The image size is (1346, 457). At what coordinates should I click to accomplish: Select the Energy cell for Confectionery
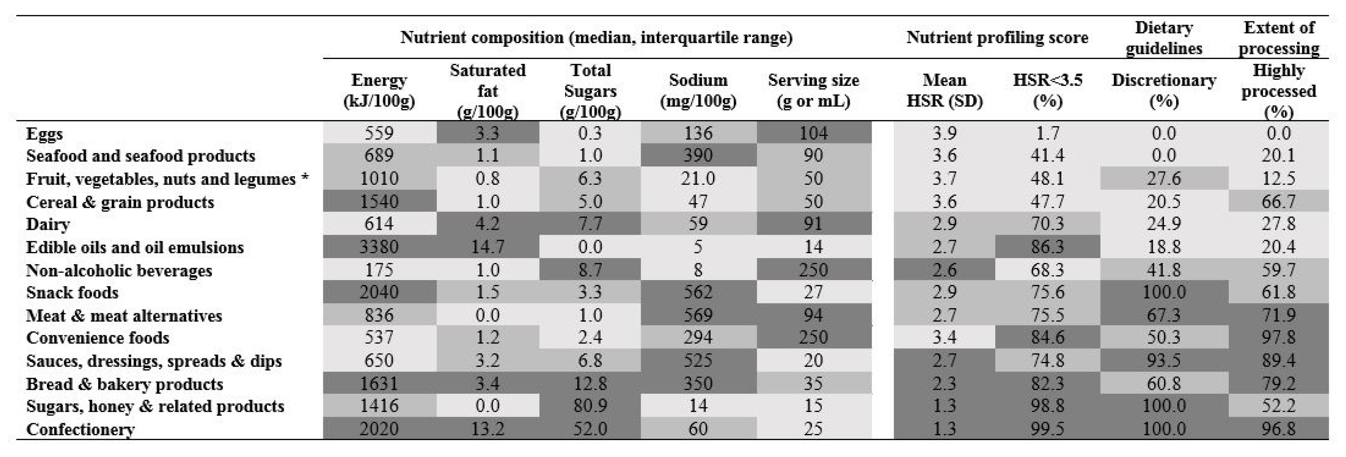tap(379, 429)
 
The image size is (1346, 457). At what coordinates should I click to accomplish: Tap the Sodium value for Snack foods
tap(698, 292)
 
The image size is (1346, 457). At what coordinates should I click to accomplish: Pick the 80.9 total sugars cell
tap(590, 406)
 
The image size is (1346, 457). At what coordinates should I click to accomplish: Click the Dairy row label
tap(48, 224)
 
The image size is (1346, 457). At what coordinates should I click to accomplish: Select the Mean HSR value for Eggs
tap(944, 133)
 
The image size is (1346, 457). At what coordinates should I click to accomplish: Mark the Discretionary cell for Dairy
tap(1164, 224)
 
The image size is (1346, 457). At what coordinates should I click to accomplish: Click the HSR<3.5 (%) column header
tap(1048, 90)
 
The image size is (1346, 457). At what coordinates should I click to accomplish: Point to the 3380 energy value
tap(379, 247)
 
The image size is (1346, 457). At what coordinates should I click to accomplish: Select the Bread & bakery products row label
tap(124, 384)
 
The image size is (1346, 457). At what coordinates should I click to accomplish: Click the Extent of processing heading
tap(1279, 38)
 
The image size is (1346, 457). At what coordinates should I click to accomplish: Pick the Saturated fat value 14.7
tap(487, 247)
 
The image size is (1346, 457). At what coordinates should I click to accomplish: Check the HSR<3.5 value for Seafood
tap(1048, 155)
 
